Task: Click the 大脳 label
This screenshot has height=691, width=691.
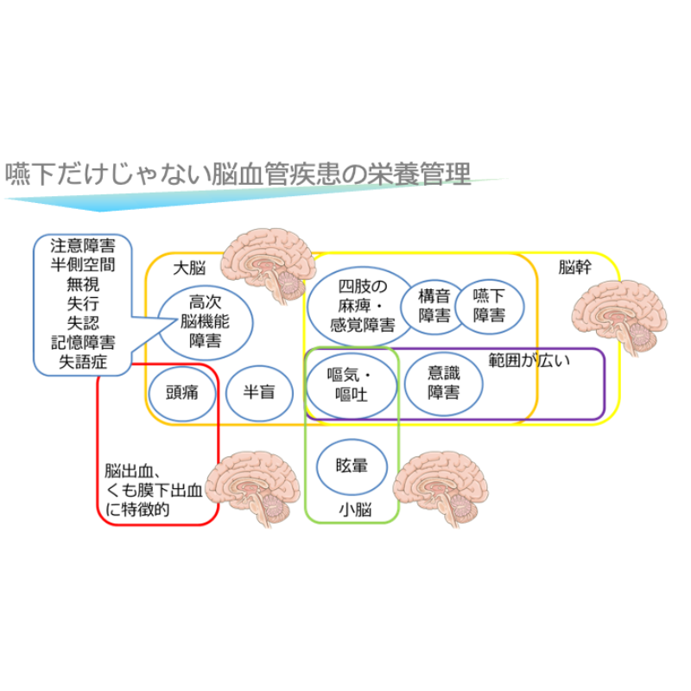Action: (189, 268)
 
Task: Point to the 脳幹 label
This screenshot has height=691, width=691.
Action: (575, 267)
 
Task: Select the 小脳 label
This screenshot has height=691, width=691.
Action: (355, 510)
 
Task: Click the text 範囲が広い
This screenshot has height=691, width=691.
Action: (529, 360)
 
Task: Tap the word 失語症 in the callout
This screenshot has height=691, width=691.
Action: (83, 362)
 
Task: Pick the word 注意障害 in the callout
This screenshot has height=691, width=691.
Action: (83, 245)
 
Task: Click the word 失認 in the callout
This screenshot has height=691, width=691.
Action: (83, 323)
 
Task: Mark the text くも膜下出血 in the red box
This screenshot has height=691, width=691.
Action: (154, 490)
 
